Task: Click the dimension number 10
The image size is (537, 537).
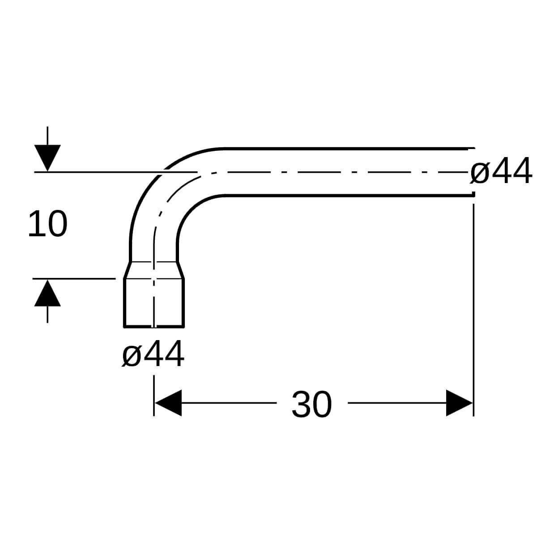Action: tap(47, 224)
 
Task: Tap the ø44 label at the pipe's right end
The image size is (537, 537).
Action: tap(501, 171)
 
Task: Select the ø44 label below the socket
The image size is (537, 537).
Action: tap(153, 354)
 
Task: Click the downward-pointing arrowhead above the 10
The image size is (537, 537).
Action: tap(47, 158)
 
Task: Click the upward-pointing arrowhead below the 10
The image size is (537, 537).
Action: tap(47, 293)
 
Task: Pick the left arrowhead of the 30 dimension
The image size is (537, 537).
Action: tap(168, 403)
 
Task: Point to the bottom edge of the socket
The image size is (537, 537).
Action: tap(154, 326)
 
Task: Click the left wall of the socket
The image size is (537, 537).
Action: tap(124, 302)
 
